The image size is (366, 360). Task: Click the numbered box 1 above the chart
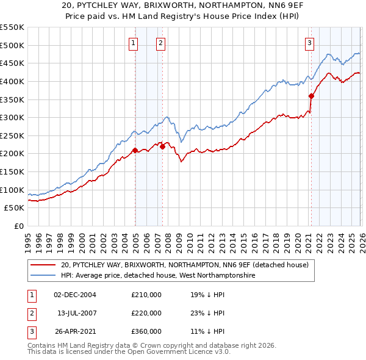click(x=133, y=43)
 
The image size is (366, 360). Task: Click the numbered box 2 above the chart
click(x=160, y=43)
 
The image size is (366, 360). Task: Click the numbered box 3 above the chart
click(x=310, y=43)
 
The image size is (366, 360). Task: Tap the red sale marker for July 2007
click(x=162, y=146)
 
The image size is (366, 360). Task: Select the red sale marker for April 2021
click(x=311, y=96)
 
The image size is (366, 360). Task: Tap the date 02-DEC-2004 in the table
click(x=74, y=295)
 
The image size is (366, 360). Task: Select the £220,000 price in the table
click(x=146, y=313)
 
